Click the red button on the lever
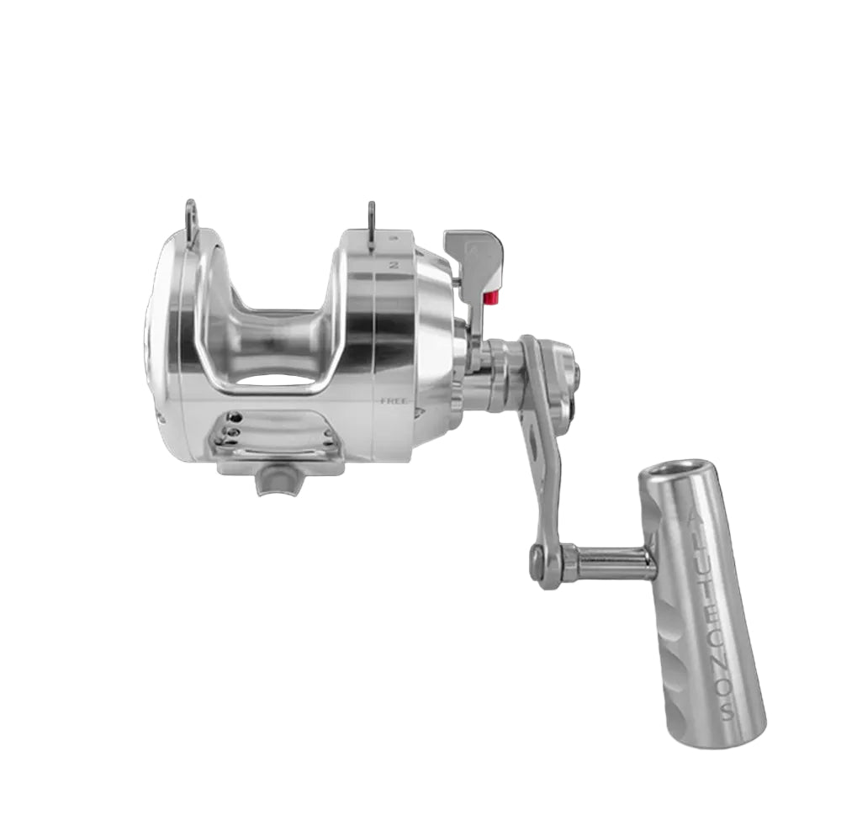(x=491, y=297)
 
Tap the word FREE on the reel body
(x=393, y=401)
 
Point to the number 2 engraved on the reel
(x=394, y=264)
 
